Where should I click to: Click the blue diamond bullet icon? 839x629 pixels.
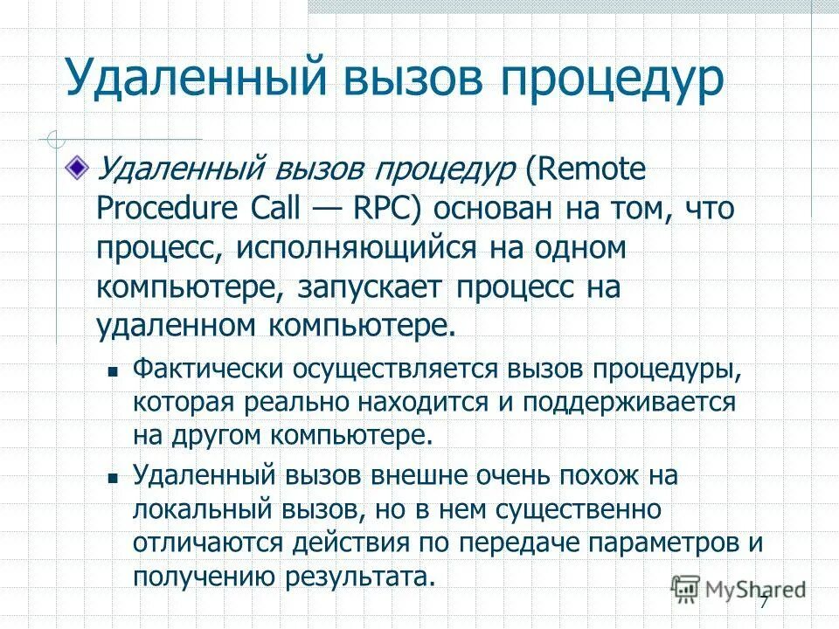80,166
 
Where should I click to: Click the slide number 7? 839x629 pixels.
763,602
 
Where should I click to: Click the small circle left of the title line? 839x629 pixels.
55,138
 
